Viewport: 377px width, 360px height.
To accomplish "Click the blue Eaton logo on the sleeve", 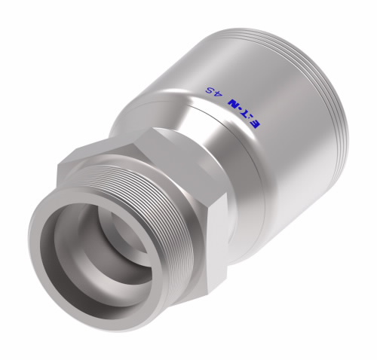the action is [x=244, y=112].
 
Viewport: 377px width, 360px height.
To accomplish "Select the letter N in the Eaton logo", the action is [x=234, y=103].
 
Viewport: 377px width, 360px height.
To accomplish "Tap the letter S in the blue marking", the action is [x=210, y=90].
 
